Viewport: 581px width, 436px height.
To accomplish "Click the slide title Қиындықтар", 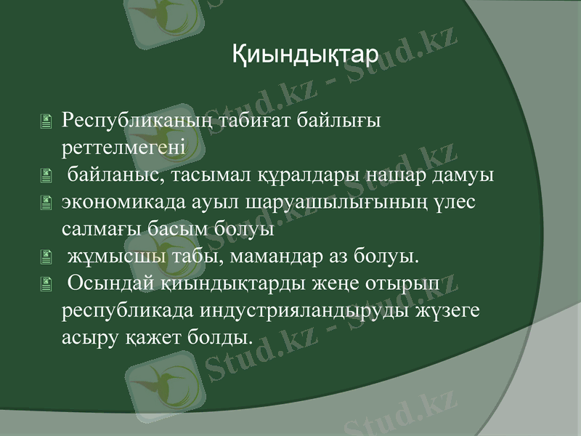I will (x=305, y=53).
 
